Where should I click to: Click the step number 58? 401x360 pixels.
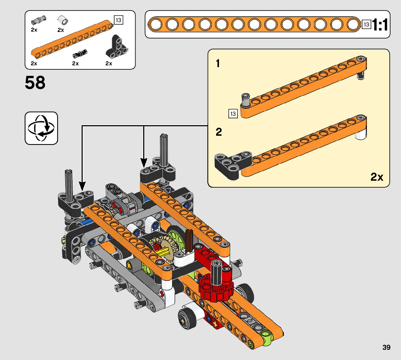click(35, 83)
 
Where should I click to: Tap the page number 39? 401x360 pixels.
click(386, 347)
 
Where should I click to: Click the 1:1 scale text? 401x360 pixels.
click(380, 25)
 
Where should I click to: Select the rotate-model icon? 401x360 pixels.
click(41, 128)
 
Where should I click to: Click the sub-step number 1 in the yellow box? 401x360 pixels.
click(218, 63)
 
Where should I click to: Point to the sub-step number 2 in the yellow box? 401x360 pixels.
click(219, 132)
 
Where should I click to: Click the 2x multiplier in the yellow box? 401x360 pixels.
click(377, 177)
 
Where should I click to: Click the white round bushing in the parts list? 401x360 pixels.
click(63, 20)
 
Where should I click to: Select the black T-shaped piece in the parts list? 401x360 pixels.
click(116, 47)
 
